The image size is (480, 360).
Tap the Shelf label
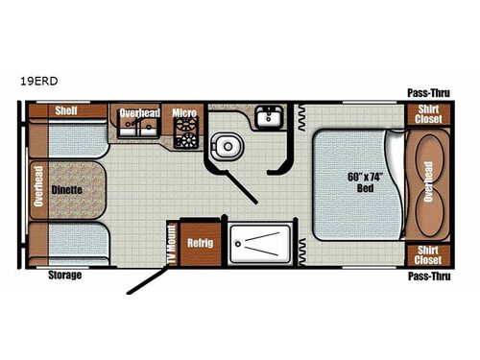pyautogui.click(x=65, y=109)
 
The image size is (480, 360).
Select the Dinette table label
pyautogui.click(x=66, y=190)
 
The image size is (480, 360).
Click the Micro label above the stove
pyautogui.click(x=184, y=113)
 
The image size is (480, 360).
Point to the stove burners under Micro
pyautogui.click(x=184, y=134)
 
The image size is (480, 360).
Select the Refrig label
pyautogui.click(x=201, y=243)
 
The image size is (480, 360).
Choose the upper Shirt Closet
pyautogui.click(x=427, y=113)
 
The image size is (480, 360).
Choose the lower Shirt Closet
pyautogui.click(x=427, y=254)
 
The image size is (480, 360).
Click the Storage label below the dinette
pyautogui.click(x=65, y=276)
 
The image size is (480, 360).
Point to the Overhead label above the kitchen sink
pyautogui.click(x=140, y=113)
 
